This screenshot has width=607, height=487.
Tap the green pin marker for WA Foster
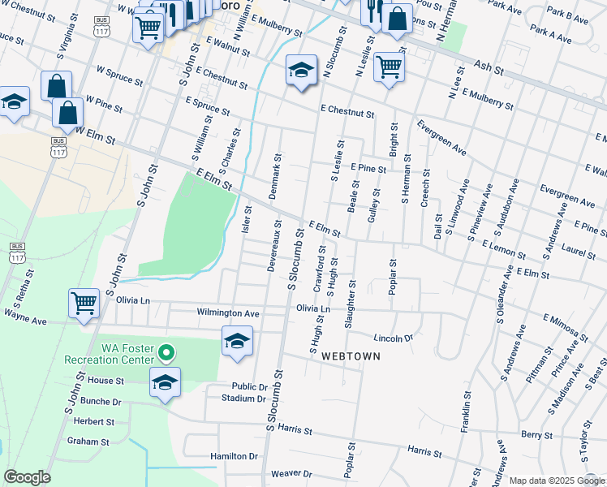(166, 352)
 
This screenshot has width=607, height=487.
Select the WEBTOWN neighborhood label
(351, 356)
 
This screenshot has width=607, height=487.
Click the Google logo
(27, 477)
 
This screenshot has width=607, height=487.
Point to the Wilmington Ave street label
(228, 312)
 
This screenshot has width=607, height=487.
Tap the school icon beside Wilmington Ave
(237, 341)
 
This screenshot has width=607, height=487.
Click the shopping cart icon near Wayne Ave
(84, 303)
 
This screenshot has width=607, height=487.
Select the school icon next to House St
(165, 382)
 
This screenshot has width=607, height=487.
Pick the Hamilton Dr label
(234, 456)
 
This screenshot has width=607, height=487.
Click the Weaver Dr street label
(291, 473)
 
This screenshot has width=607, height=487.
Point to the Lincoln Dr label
(394, 338)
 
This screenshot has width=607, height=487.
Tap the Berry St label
(536, 435)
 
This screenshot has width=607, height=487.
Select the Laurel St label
(578, 254)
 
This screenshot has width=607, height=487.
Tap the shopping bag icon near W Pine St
(68, 112)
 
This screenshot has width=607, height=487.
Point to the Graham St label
(88, 442)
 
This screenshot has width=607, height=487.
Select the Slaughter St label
(351, 305)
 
